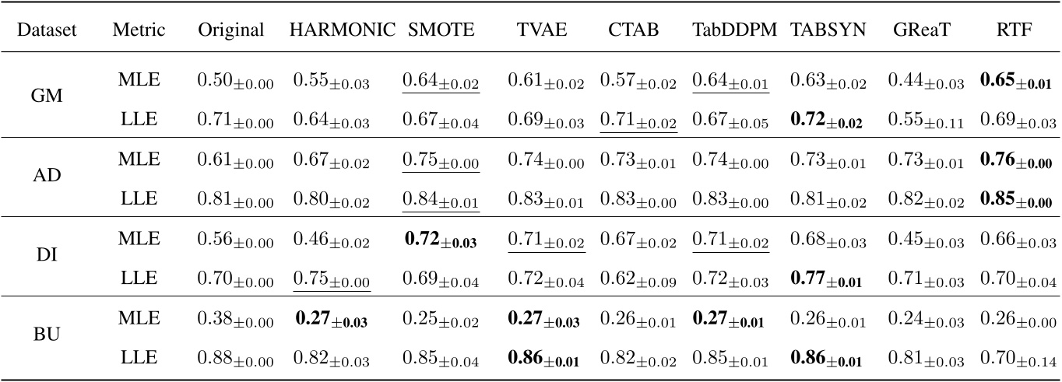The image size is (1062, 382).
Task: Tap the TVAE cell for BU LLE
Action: [x=543, y=359]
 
